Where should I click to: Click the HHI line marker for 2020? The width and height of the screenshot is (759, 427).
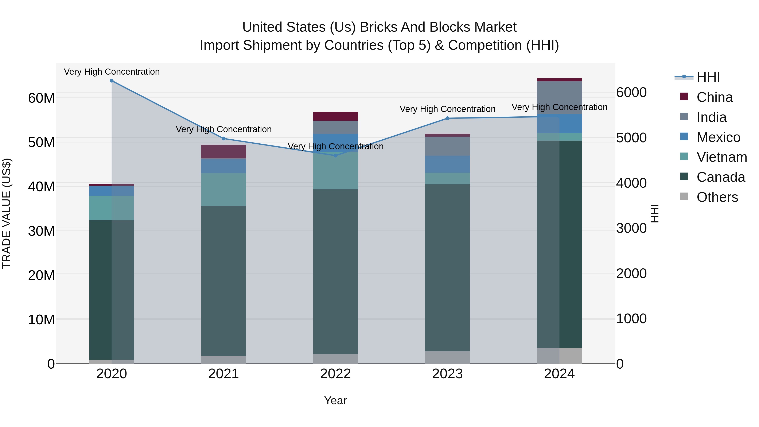112,81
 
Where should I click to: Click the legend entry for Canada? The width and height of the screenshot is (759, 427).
720,177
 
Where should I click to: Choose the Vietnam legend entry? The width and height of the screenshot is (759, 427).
721,157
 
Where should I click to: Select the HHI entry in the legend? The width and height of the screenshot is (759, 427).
708,77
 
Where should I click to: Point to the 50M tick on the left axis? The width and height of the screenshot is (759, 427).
41,142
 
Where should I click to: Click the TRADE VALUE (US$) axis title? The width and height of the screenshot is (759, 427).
7,214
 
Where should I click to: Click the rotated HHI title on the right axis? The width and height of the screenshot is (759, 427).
654,214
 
